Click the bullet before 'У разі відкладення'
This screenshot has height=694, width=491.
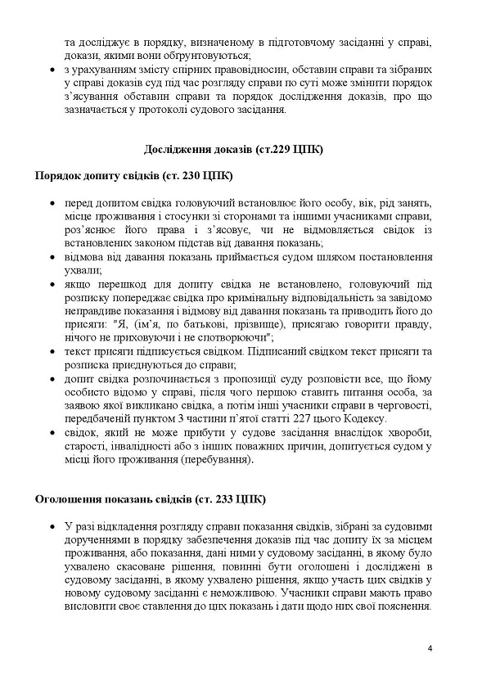[x=53, y=525]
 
